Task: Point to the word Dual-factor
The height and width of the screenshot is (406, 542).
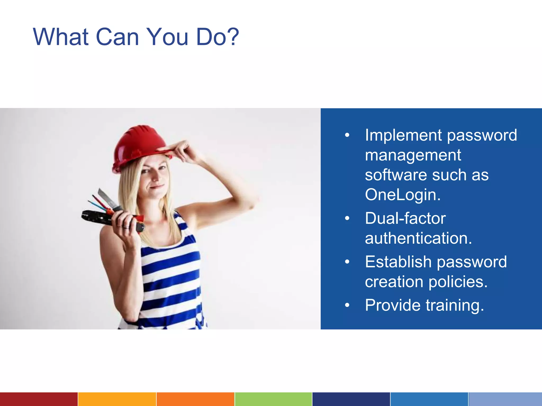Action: (405, 218)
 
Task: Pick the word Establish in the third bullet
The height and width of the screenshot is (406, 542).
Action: (398, 262)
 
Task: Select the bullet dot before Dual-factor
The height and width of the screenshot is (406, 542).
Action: (347, 219)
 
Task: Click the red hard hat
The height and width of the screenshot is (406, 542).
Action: (138, 145)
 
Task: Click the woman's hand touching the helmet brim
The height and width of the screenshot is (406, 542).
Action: (183, 149)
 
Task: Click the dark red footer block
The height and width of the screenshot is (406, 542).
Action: (39, 399)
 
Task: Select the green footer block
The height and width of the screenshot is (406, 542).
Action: (273, 399)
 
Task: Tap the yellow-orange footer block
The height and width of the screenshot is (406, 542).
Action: (117, 399)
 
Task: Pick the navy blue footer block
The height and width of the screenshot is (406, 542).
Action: (351, 399)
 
